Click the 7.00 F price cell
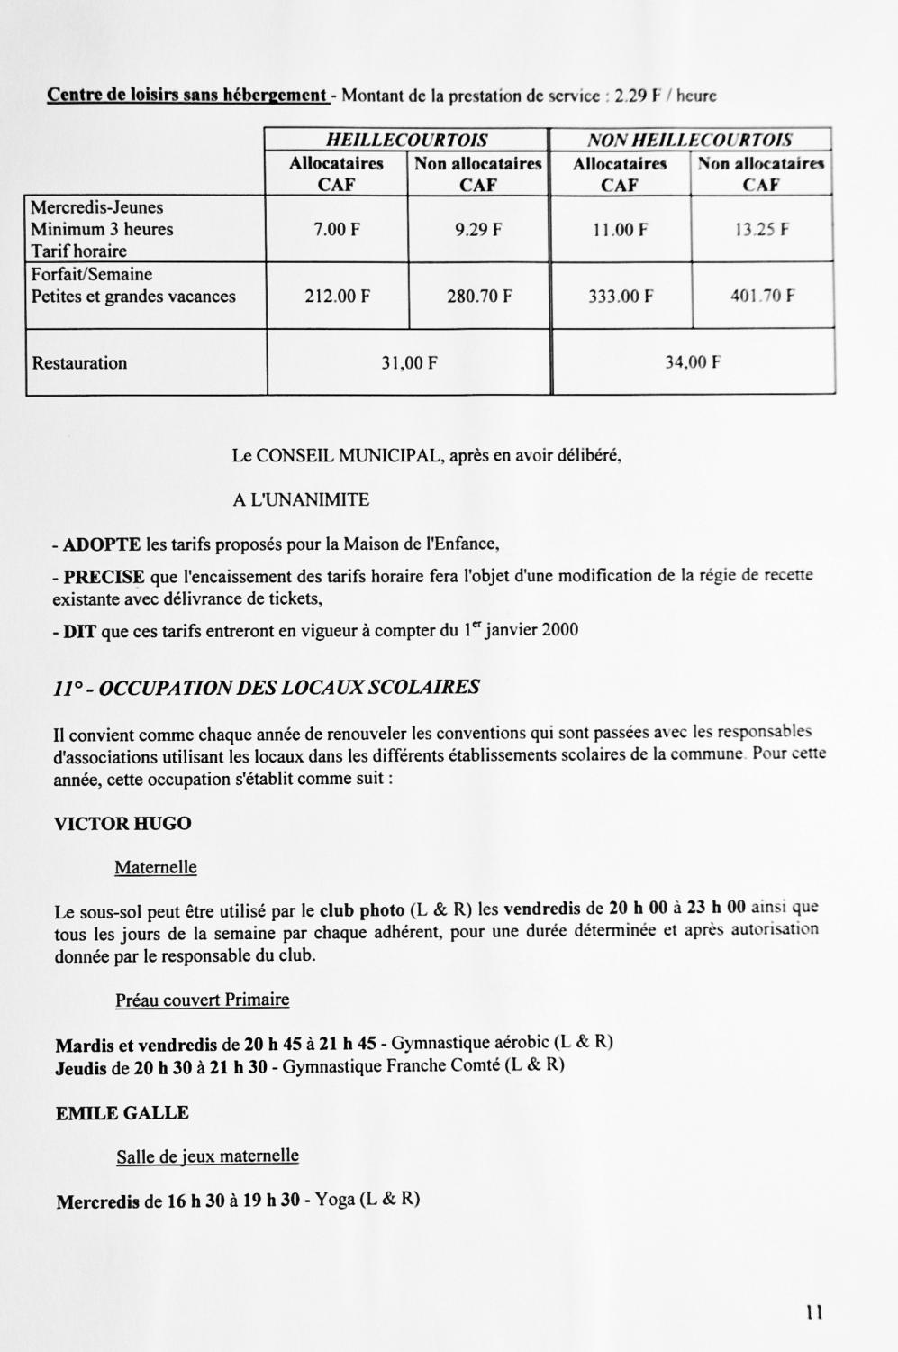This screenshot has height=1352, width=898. (x=336, y=230)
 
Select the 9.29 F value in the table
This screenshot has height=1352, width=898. (x=478, y=230)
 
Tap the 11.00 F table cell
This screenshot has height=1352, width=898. (x=620, y=230)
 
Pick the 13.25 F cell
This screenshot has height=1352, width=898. (x=762, y=229)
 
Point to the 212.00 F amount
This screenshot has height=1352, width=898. (x=337, y=296)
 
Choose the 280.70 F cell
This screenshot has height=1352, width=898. (x=479, y=296)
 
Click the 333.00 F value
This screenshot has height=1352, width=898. (x=621, y=296)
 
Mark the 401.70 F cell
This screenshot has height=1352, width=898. (x=762, y=295)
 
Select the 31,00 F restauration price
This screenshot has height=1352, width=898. (x=409, y=363)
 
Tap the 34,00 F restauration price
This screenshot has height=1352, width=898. (x=693, y=362)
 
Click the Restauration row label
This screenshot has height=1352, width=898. (x=79, y=363)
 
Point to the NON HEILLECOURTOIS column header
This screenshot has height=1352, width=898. (x=690, y=140)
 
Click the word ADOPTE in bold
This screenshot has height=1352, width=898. (x=102, y=544)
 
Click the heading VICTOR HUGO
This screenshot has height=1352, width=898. (x=122, y=824)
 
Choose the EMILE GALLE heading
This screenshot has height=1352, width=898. (x=122, y=1113)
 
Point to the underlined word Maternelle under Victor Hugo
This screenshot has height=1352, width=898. (x=155, y=868)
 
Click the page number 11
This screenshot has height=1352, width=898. (x=814, y=1312)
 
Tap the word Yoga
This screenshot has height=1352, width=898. (x=334, y=1201)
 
